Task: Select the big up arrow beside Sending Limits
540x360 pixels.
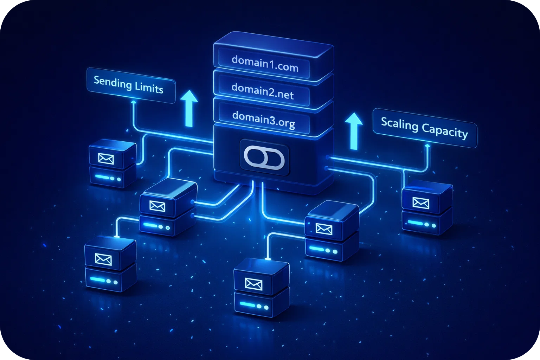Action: [189, 108]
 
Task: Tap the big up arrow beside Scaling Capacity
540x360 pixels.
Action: [353, 131]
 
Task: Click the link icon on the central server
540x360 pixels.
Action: [265, 157]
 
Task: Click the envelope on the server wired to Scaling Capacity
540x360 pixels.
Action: [420, 203]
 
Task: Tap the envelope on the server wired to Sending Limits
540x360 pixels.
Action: [106, 159]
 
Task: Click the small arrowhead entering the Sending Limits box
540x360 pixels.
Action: [133, 101]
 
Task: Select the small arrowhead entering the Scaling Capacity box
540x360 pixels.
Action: [427, 145]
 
